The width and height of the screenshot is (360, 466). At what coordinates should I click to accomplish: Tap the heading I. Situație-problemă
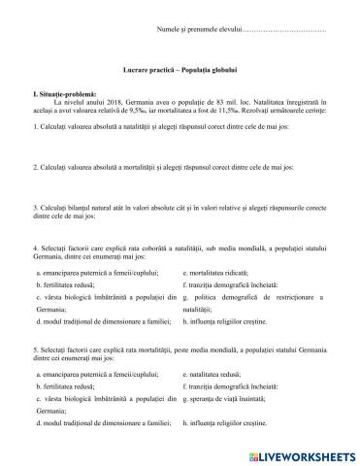[x=65, y=93]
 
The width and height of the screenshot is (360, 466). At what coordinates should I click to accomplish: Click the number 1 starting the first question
[x=35, y=127]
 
